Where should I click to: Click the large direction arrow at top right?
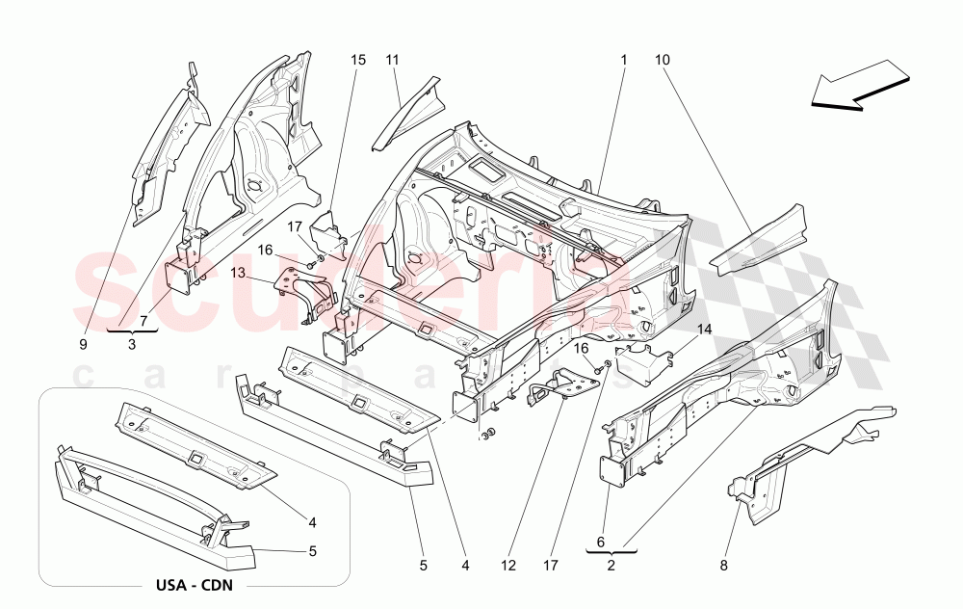click(860, 84)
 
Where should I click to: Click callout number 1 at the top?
click(623, 60)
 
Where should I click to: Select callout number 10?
click(663, 60)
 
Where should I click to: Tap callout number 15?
click(358, 60)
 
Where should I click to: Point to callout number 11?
click(393, 60)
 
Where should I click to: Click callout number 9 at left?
click(84, 342)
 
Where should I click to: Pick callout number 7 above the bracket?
click(143, 320)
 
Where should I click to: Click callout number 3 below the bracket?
click(132, 343)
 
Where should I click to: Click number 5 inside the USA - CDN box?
click(313, 552)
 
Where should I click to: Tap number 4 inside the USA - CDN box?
click(313, 523)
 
